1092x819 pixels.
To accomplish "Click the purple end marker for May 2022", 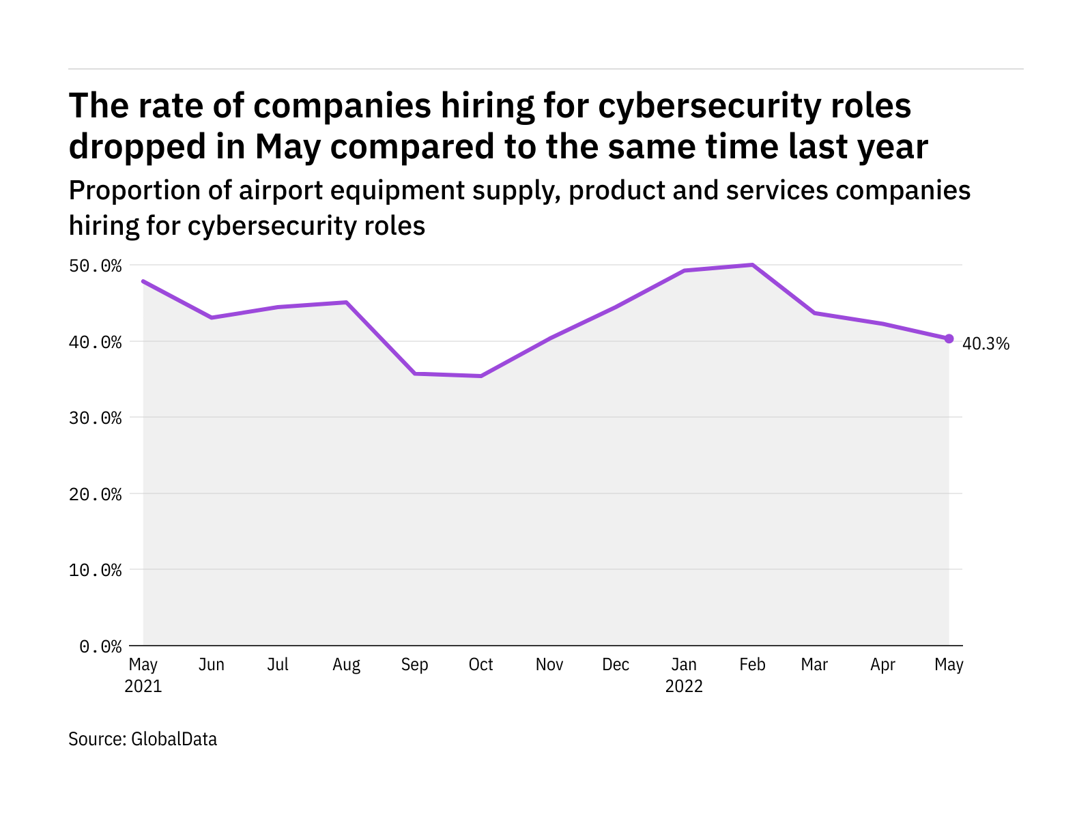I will (x=949, y=339).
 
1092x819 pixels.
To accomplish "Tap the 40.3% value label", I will (x=985, y=344).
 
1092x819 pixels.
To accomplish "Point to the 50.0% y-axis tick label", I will (x=95, y=265).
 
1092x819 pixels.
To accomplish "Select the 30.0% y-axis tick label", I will (x=95, y=418).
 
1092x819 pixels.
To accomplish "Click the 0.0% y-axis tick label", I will (x=100, y=646).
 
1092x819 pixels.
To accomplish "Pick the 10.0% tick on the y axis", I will (x=95, y=570).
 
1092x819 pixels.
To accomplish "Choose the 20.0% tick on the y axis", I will (x=95, y=494).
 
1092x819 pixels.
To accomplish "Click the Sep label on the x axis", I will (x=414, y=665).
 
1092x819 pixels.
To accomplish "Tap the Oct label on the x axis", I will (x=481, y=665).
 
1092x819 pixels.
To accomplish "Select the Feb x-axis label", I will (x=752, y=665).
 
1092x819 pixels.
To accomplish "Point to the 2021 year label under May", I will (x=143, y=686).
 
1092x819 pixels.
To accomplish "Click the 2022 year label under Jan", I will (x=684, y=686).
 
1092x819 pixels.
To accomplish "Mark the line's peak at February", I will (x=752, y=265).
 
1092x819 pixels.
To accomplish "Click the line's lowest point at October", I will (x=481, y=376).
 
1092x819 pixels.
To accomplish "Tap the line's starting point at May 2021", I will (x=143, y=281).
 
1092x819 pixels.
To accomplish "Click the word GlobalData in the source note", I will (x=174, y=739).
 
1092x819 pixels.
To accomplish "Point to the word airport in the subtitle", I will (x=281, y=190).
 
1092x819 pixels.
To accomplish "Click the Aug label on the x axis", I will (x=346, y=665).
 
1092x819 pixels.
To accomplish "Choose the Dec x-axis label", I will (x=616, y=665).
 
